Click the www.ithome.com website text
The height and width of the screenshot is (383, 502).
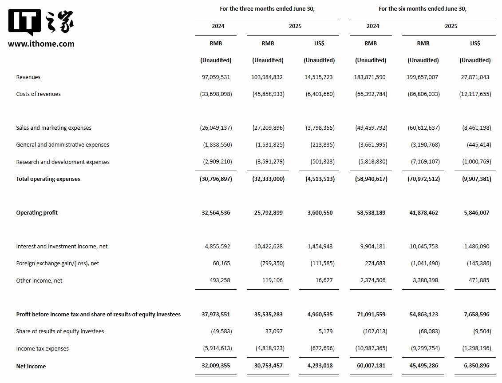[x=41, y=44]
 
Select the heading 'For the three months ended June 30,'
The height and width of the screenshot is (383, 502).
[x=267, y=9]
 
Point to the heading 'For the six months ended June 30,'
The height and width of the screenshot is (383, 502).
[x=423, y=9]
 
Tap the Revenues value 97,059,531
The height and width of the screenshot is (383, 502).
[x=216, y=77]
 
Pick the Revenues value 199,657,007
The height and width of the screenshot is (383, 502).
[x=422, y=77]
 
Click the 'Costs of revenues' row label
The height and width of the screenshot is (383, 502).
[x=38, y=94]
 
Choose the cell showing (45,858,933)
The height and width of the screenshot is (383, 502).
[x=268, y=94]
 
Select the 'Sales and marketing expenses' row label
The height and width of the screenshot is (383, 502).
[x=54, y=128]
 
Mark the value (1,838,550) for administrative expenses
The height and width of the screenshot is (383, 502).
[x=216, y=145]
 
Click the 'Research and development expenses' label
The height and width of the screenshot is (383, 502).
[x=63, y=162]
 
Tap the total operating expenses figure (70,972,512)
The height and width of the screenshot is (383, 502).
[x=423, y=179]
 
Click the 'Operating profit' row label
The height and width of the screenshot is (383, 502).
[x=37, y=213]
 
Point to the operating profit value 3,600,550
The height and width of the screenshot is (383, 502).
[x=320, y=213]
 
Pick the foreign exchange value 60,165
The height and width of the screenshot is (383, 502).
[x=221, y=263]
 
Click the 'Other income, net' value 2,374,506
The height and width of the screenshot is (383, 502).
[x=370, y=280]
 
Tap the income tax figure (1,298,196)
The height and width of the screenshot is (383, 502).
[x=475, y=349]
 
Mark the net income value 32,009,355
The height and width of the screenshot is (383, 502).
[x=216, y=366]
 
